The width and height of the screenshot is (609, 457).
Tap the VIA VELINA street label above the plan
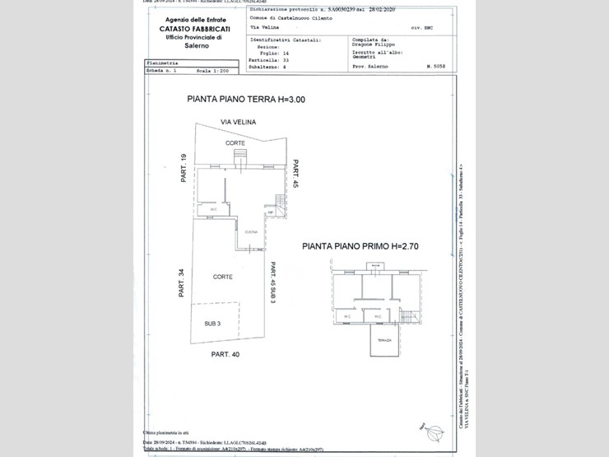(238, 122)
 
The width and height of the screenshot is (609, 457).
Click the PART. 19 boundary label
(184, 170)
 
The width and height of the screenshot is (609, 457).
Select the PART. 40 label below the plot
(225, 354)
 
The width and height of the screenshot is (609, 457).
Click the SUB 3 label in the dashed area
(213, 323)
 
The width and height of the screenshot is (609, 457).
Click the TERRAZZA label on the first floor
(383, 339)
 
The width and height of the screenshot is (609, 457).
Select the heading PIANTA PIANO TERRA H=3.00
(246, 100)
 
